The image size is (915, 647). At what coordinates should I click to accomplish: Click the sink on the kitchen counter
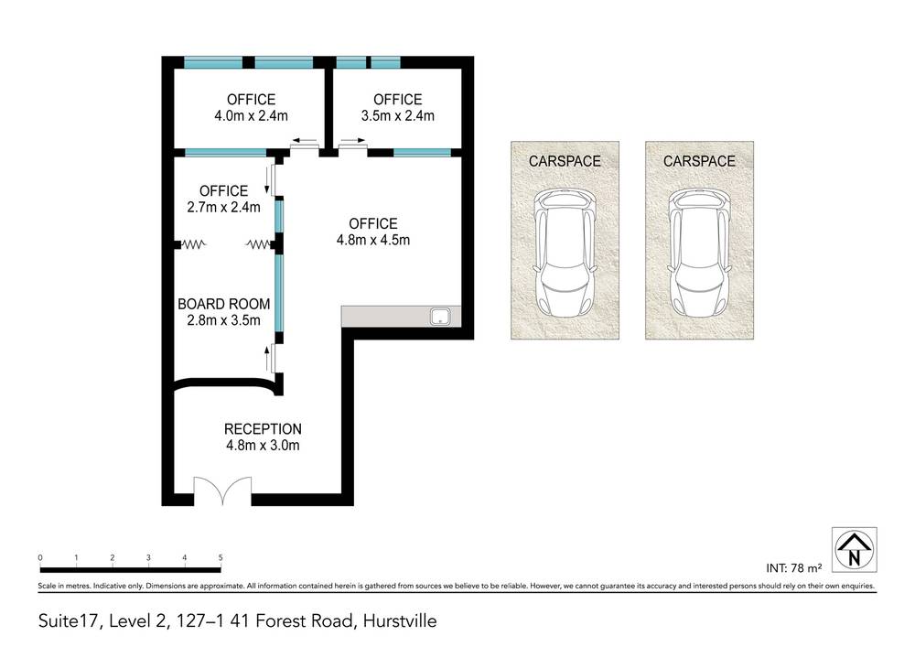440,318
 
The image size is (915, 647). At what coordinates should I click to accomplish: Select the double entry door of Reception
222,491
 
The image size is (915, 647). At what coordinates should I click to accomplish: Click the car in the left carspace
565,250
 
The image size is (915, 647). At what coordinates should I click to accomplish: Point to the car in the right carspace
699,250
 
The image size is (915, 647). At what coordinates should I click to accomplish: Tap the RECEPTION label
263,428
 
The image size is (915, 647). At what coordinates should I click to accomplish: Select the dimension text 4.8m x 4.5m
372,241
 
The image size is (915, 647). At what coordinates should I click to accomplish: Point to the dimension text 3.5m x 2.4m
397,116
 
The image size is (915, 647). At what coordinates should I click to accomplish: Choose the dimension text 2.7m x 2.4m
223,207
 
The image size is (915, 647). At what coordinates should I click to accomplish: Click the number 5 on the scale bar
221,557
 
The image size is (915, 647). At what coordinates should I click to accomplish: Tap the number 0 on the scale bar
40,557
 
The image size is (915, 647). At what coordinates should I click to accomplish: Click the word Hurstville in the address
401,621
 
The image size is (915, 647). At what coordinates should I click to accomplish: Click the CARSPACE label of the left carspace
565,161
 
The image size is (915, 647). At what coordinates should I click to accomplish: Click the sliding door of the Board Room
274,358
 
